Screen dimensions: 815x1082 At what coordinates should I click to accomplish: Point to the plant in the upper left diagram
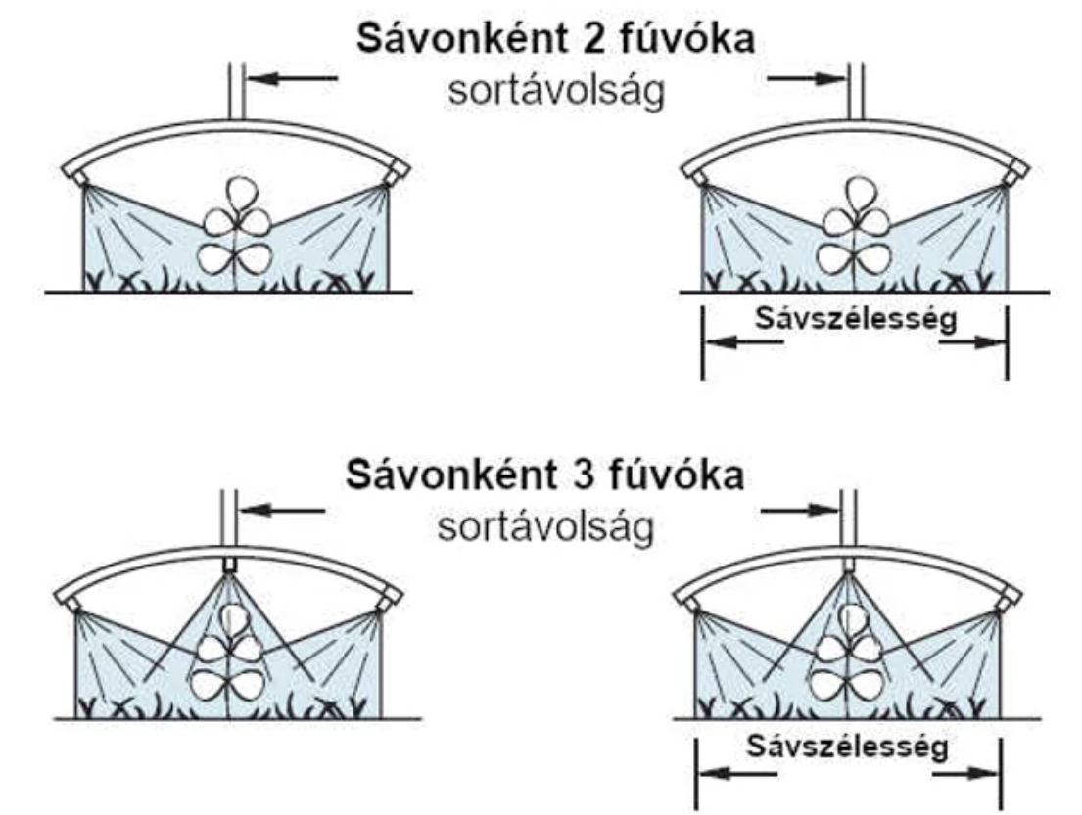point(235,229)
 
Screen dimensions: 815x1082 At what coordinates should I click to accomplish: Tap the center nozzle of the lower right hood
point(850,566)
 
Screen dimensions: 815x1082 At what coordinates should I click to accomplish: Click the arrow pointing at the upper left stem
point(290,78)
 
